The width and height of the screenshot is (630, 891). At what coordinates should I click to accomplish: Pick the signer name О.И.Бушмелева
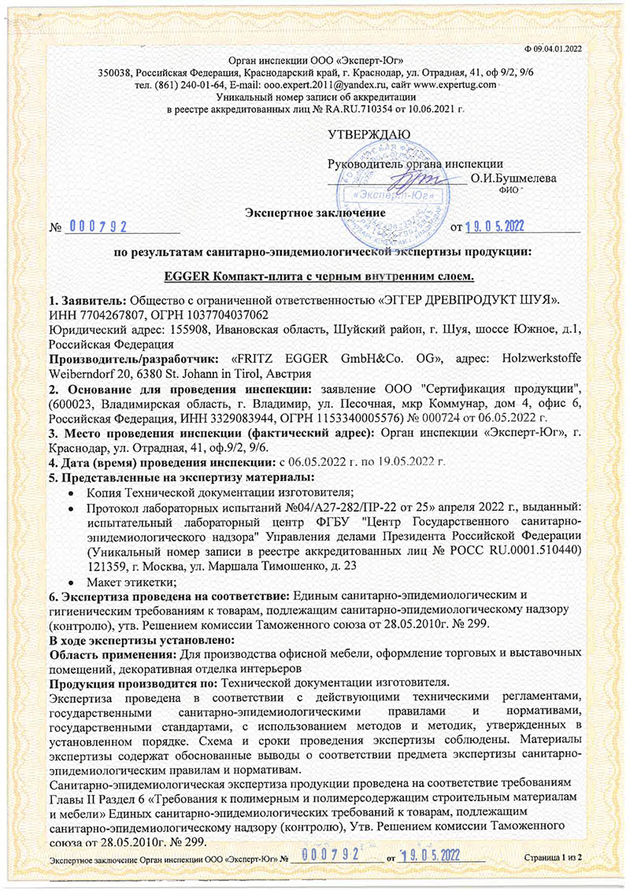(x=513, y=179)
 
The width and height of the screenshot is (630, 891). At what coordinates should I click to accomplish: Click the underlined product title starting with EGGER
(x=314, y=277)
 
